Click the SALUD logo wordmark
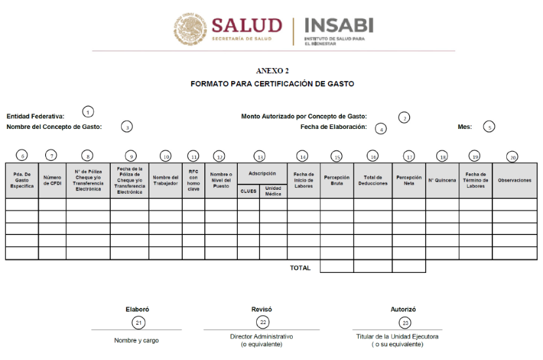tap(246, 26)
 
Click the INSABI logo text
tap(339, 26)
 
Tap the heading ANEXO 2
tap(272, 71)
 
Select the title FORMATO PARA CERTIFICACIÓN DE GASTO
tap(272, 84)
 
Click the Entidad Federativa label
tap(35, 117)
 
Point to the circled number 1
tap(88, 112)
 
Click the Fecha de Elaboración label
tap(333, 126)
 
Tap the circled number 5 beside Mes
tap(489, 127)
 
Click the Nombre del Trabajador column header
tap(165, 180)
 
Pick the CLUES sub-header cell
tap(248, 190)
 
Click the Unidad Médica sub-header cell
tap(273, 190)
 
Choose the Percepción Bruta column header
tap(337, 180)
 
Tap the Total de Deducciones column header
tap(373, 180)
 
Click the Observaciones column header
tap(514, 180)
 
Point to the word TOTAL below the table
tap(300, 267)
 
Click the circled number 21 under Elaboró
tap(138, 322)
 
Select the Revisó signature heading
tap(262, 309)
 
